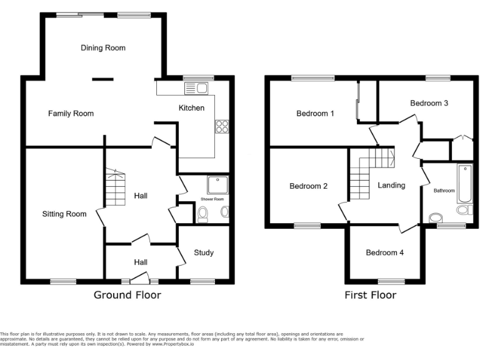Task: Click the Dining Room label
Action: (103, 47)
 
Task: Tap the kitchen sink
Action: (199, 88)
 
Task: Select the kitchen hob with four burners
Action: (222, 126)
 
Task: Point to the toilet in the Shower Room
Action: (202, 214)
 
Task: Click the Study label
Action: (204, 252)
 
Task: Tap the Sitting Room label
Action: (64, 214)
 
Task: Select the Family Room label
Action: (71, 113)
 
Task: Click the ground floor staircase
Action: (114, 188)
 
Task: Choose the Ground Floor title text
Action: (127, 295)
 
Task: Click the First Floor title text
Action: (371, 295)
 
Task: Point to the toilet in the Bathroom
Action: (436, 217)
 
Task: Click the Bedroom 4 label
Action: (384, 252)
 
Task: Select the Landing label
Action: (392, 185)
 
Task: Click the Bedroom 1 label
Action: (315, 113)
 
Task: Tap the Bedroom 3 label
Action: (429, 102)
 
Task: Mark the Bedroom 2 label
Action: (309, 186)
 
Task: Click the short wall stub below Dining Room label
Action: (103, 79)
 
